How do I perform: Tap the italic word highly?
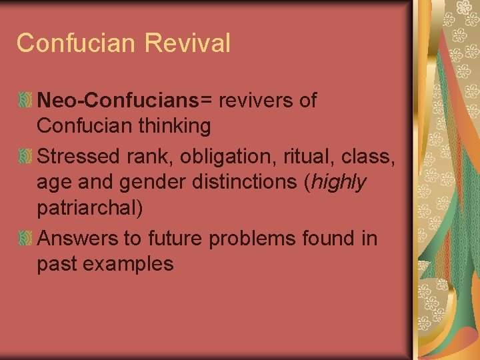[x=339, y=182]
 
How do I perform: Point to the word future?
[x=179, y=239]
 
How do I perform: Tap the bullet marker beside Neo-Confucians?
[x=25, y=101]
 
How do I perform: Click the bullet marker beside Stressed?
[x=25, y=157]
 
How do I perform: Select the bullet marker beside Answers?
[x=25, y=239]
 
